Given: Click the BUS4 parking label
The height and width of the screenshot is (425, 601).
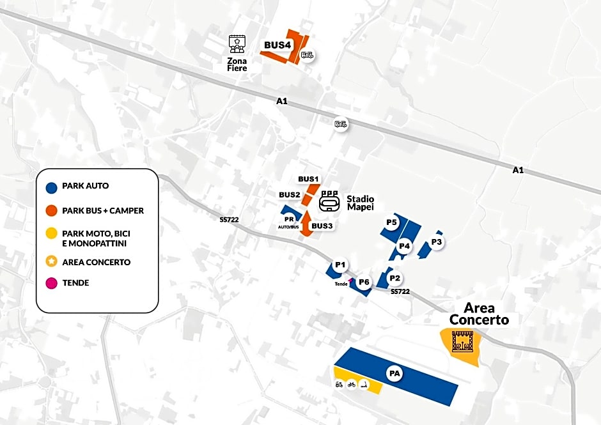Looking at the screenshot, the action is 277,45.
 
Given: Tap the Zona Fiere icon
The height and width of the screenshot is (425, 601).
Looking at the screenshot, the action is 237,44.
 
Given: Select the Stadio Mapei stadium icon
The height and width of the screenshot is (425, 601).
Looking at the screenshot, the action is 329,201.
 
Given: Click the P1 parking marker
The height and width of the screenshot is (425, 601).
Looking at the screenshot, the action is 340,265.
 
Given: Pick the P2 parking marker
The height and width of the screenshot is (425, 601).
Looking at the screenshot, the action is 394,278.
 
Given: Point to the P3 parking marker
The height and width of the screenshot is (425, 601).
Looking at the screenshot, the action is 436,242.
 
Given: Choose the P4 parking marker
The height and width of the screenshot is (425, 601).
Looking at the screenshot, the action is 404,246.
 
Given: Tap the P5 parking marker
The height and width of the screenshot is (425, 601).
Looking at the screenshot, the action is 391,222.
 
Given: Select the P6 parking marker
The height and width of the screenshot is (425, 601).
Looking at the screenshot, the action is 363,282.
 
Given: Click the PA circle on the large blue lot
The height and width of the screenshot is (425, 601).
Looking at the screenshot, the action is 394,374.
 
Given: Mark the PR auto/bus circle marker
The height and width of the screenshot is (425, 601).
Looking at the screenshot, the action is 289,220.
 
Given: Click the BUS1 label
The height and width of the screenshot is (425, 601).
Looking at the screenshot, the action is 308,179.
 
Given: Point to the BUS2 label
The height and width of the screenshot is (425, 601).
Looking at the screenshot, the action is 290,195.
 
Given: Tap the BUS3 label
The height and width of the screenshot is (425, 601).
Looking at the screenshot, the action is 322,226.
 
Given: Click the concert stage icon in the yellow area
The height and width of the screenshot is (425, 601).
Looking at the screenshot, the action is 463,342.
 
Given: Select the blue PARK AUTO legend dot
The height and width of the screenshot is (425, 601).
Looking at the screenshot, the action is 51,188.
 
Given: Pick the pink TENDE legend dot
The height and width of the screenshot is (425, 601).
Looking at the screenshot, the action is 51,283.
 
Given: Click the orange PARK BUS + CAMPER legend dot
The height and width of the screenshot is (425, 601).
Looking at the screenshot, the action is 51,211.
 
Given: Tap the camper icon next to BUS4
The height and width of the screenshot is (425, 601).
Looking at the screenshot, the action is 307,56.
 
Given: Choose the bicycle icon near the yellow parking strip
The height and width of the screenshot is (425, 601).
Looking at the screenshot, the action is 351,384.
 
